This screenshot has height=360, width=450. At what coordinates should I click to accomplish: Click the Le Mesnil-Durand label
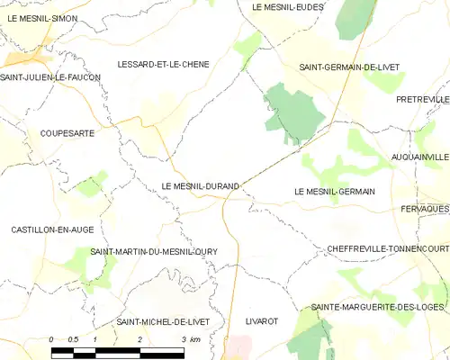point(200,186)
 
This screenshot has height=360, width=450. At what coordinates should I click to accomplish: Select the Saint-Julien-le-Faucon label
point(50,77)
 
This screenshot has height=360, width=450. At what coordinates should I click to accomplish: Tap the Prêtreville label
point(422,99)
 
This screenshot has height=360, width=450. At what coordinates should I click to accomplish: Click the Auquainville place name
point(420,157)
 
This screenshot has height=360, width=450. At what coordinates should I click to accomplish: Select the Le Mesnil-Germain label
point(334,192)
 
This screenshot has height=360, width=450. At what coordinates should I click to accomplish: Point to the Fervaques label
point(425,209)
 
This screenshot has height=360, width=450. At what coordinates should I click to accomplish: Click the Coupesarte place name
point(62,133)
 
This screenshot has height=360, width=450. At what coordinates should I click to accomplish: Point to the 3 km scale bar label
point(189,338)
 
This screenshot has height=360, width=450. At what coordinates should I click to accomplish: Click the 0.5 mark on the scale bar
point(75,338)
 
